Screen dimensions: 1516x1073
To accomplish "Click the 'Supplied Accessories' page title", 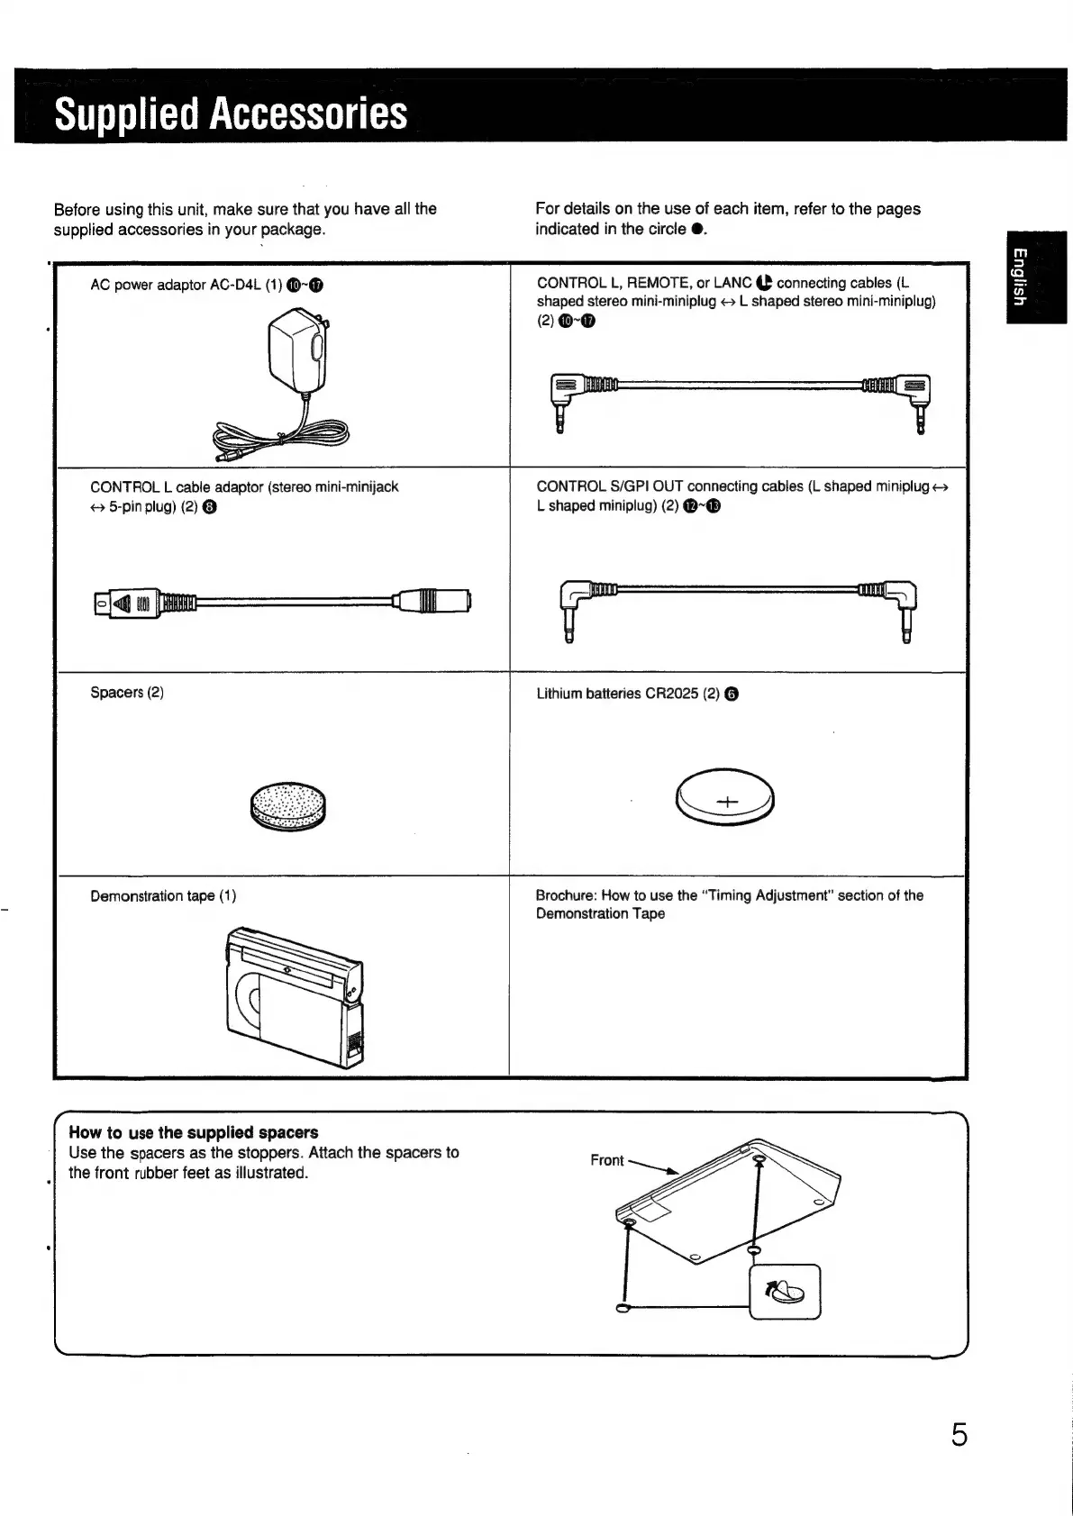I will [231, 113].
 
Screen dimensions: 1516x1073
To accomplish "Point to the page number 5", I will [959, 1434].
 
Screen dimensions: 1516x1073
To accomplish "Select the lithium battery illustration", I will [725, 795].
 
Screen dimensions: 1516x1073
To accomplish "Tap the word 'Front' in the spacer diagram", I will [606, 1160].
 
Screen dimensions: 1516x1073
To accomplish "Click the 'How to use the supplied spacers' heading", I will [193, 1132].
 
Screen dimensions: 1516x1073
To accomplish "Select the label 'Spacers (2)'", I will [127, 692].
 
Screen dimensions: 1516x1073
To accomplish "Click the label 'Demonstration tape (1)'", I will [163, 896].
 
